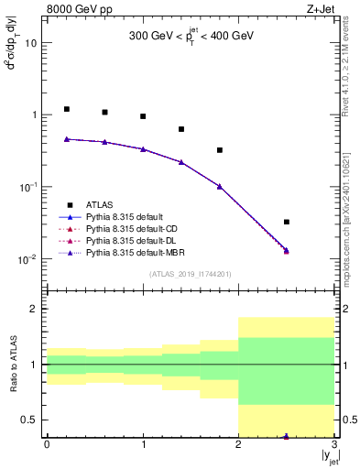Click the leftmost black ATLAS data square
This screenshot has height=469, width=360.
[67, 109]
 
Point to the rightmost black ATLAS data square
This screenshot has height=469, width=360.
[287, 222]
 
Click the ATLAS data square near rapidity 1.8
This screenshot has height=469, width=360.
[220, 150]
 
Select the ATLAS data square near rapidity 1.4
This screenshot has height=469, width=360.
[181, 129]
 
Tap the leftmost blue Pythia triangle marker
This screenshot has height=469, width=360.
[67, 139]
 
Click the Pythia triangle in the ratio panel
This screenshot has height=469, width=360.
[287, 436]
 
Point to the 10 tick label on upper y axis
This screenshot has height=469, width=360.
[32, 43]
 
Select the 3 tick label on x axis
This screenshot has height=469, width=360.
[334, 446]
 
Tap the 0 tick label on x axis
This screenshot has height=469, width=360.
[48, 446]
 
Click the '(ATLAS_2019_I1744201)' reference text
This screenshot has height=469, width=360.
[191, 274]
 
